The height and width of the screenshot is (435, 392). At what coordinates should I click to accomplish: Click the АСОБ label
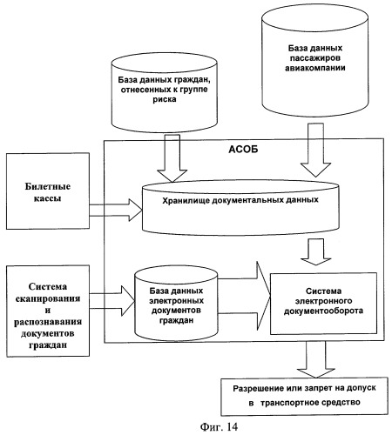[x=243, y=150]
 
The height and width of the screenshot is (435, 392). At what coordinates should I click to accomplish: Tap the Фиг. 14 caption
[x=219, y=426]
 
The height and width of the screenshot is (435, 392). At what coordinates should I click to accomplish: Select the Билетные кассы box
[x=48, y=191]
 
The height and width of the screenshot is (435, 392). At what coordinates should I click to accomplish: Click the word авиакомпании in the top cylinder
[x=315, y=68]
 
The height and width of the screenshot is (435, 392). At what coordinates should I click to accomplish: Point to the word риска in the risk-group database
[x=165, y=99]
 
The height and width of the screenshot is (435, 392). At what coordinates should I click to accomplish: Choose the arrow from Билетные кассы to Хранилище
[x=116, y=211]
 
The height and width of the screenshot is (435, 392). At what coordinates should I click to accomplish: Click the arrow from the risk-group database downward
[x=172, y=158]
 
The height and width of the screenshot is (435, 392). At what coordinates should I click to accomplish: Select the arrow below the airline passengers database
[x=315, y=150]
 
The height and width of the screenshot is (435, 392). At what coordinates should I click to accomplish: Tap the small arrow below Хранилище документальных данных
[x=315, y=251]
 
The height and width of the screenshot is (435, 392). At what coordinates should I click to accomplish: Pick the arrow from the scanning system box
[x=112, y=301]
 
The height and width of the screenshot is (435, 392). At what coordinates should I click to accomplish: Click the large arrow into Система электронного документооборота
[x=244, y=296]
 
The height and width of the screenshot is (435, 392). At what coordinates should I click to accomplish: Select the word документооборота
[x=323, y=311]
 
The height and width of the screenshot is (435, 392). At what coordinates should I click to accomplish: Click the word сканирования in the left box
[x=48, y=298]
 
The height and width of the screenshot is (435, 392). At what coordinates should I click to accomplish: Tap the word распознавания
[x=48, y=322]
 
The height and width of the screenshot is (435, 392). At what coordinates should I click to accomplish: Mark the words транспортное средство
[x=310, y=403]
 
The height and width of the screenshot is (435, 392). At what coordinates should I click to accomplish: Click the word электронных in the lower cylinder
[x=176, y=301]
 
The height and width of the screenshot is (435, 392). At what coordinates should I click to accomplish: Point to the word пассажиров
[x=315, y=58]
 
